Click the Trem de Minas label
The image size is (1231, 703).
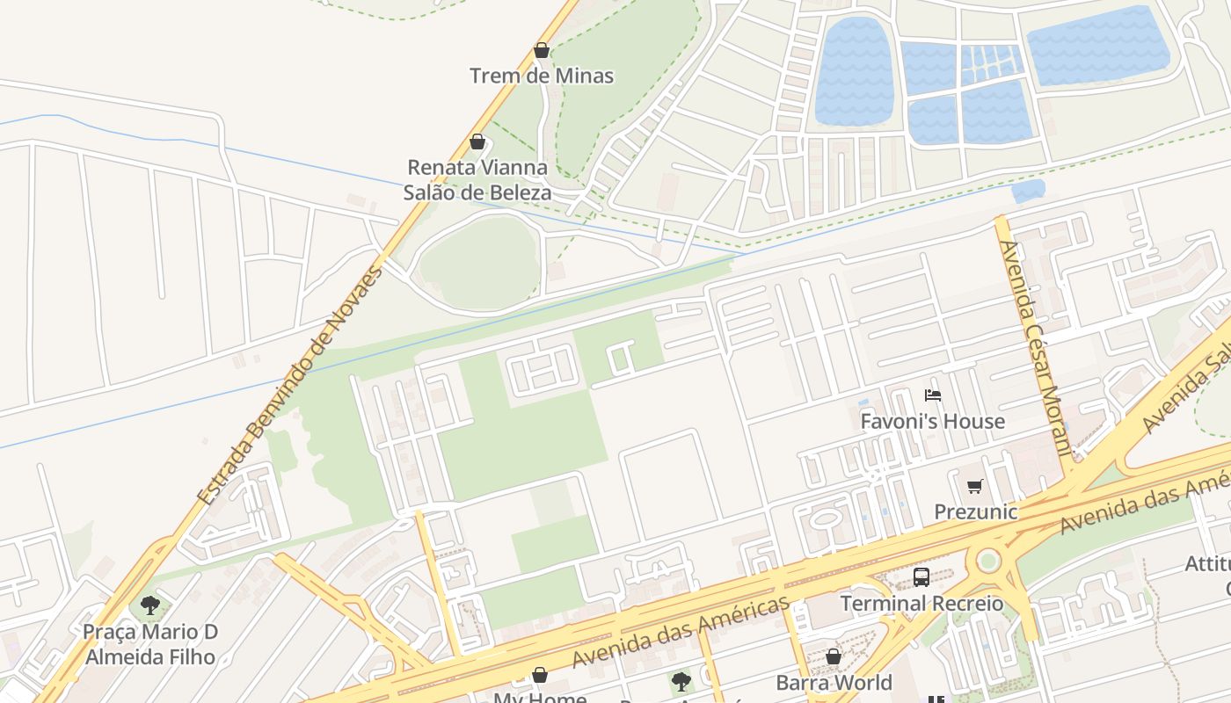pos(542,76)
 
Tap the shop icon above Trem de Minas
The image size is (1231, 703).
pos(542,51)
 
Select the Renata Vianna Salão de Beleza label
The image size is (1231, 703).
pos(477,179)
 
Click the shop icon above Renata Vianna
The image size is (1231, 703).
pos(477,141)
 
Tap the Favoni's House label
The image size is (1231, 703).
pos(932,422)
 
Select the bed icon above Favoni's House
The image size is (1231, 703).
pos(933,395)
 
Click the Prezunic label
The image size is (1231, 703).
pos(975,511)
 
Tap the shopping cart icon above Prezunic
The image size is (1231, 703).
pos(974,486)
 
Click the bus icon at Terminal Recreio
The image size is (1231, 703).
pos(921,577)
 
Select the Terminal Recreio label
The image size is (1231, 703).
pos(921,604)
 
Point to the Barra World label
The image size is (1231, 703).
pos(834,682)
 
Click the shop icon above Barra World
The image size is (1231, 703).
pos(834,656)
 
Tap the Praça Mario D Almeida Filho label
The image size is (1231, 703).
pos(150,643)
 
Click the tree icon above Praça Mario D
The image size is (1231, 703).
pos(150,605)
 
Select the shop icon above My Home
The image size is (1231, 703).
pos(540,675)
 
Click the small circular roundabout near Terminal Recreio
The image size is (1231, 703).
pos(989,560)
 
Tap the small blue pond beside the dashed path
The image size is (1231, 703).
pos(1028,191)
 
